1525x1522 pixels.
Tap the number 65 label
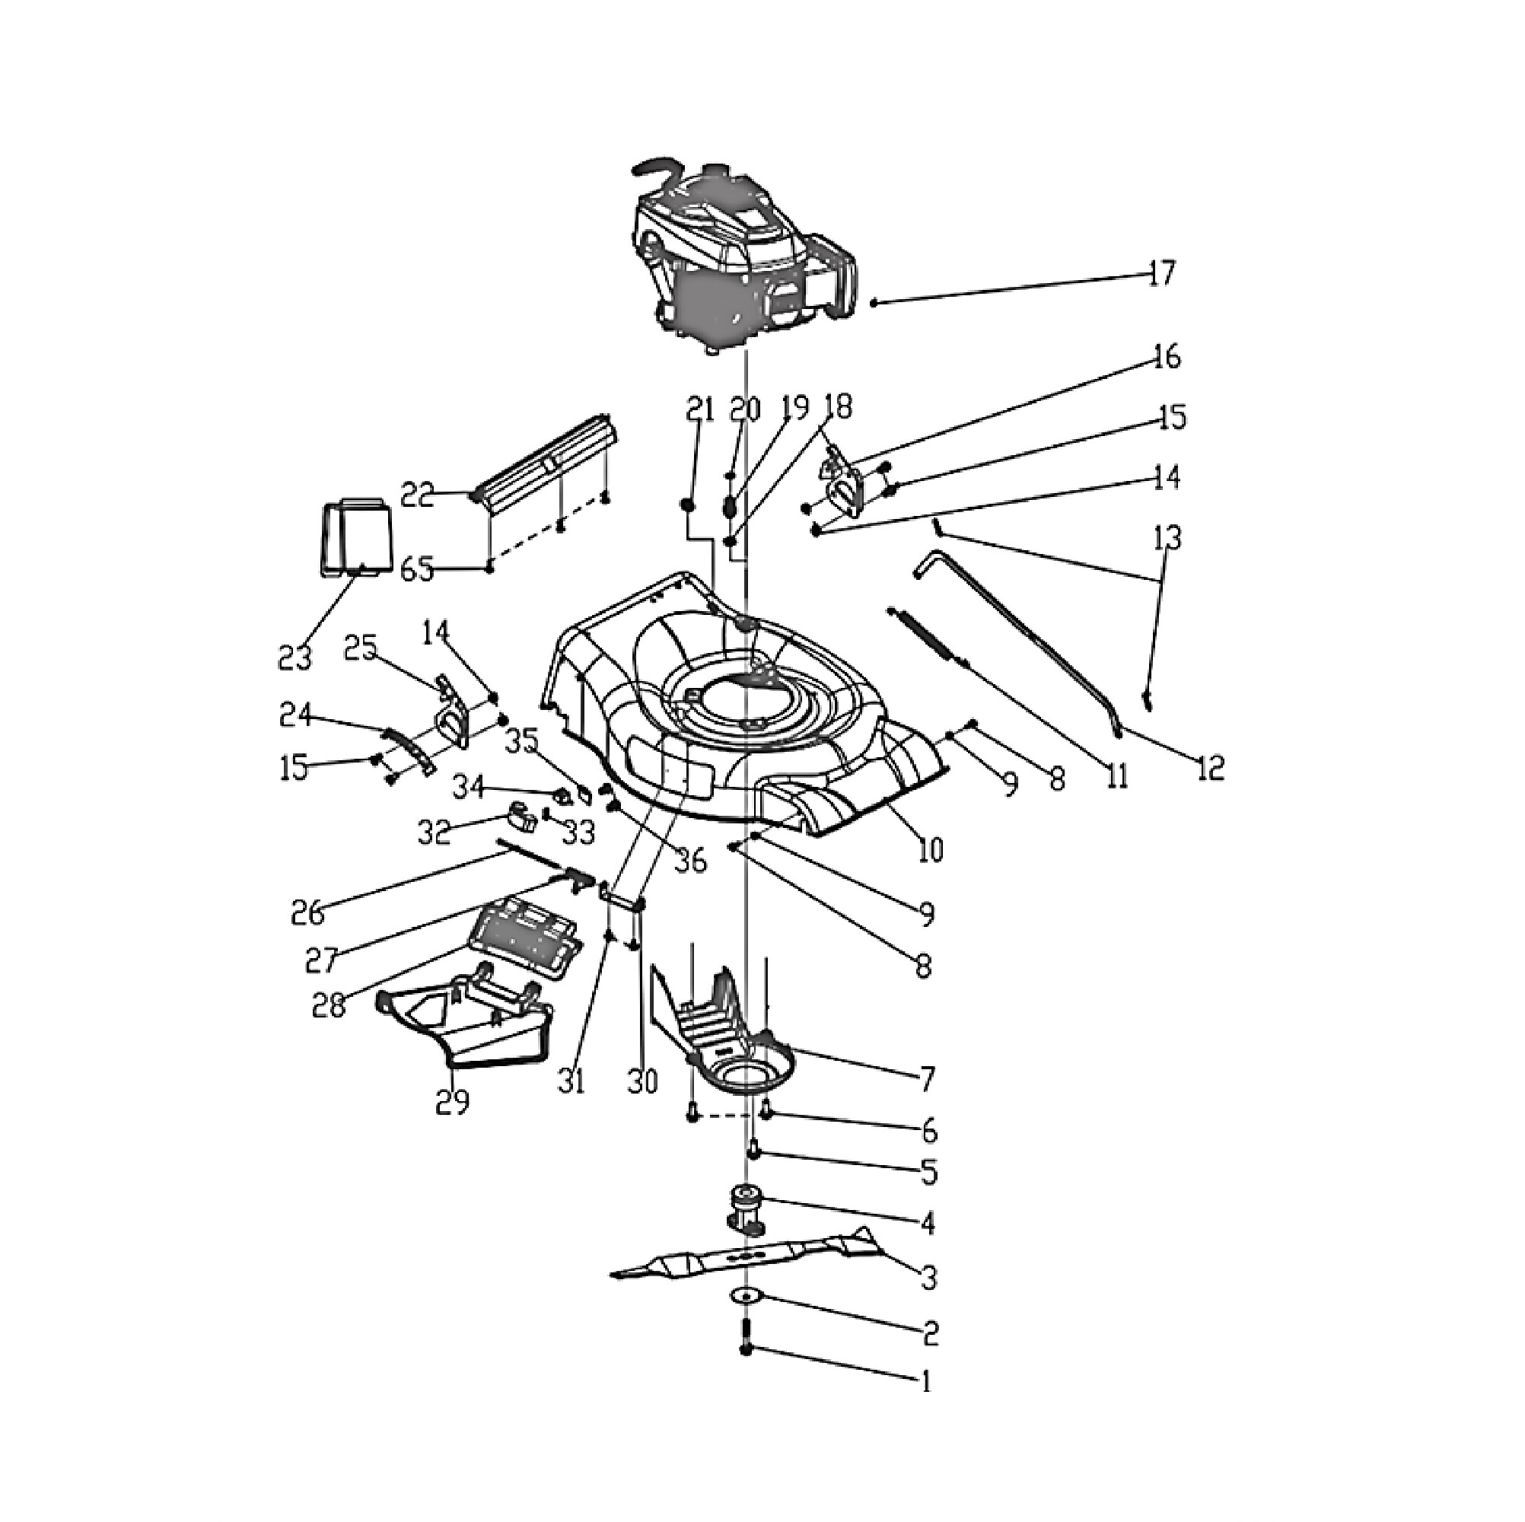coord(418,568)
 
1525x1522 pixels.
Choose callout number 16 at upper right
coord(1166,358)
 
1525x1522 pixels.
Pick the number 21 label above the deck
coord(699,409)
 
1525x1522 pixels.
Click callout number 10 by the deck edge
coord(931,850)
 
